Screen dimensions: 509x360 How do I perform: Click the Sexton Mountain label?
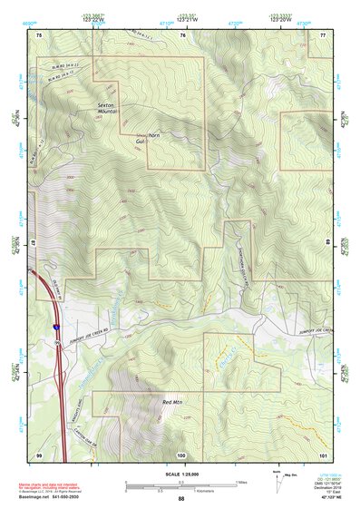click(x=109, y=110)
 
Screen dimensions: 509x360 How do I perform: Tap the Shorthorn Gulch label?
click(x=146, y=138)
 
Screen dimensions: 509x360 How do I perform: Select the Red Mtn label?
click(x=171, y=401)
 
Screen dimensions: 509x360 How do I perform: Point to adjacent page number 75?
click(x=39, y=34)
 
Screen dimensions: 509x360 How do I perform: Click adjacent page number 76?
click(x=182, y=34)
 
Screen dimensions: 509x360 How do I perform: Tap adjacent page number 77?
click(x=323, y=34)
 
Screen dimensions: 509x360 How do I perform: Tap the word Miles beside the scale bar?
click(x=241, y=481)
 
